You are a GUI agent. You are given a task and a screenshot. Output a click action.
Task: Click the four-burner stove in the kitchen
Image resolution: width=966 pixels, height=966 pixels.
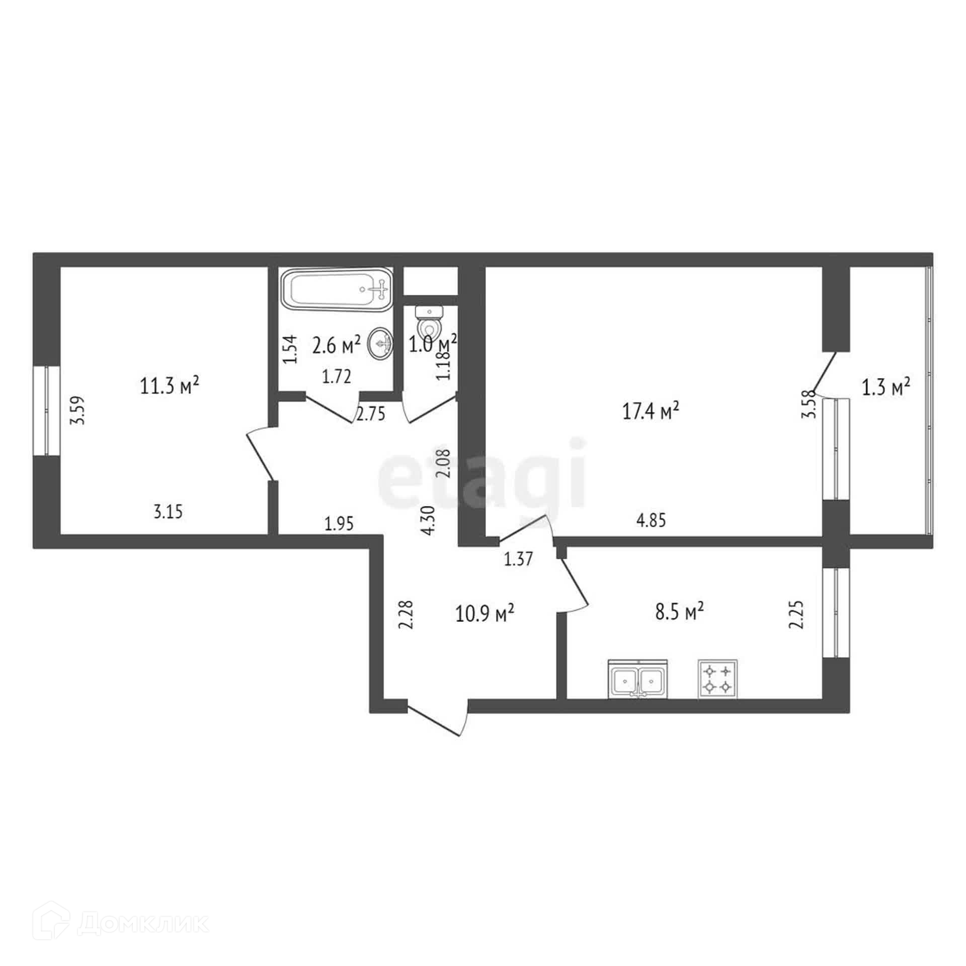[717, 679]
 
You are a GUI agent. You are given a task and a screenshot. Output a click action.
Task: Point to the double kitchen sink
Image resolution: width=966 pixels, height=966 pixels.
[638, 679]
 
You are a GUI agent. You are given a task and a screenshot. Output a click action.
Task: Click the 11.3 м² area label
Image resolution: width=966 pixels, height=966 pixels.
[170, 386]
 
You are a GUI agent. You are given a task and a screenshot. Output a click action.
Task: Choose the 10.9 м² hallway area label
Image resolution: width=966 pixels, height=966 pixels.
[485, 613]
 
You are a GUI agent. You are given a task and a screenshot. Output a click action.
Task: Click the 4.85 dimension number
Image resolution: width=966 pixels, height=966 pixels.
[651, 520]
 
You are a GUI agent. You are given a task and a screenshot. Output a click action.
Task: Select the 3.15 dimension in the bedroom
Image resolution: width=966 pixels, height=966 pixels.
[168, 512]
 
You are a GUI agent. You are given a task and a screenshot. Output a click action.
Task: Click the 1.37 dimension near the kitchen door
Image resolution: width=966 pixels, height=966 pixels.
[518, 559]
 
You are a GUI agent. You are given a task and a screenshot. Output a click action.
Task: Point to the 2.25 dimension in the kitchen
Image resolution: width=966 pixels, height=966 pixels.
[796, 615]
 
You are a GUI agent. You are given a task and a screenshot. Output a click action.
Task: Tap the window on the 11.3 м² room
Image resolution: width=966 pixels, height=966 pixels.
[46, 411]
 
